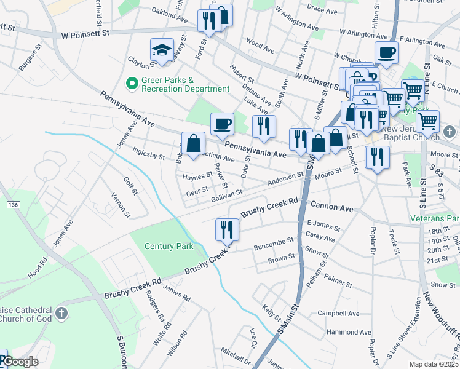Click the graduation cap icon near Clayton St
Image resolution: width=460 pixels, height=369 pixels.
coord(162,50)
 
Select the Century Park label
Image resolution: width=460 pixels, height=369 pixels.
coord(169,246)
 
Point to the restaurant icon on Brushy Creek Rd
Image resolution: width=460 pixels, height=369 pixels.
coord(227,230)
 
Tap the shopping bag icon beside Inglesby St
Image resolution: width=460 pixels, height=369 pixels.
coord(193,143)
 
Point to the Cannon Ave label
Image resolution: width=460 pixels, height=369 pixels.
coord(332,208)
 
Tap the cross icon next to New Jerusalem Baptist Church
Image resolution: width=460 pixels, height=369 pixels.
coord(450,132)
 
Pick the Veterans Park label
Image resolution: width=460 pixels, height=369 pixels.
coord(435,218)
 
